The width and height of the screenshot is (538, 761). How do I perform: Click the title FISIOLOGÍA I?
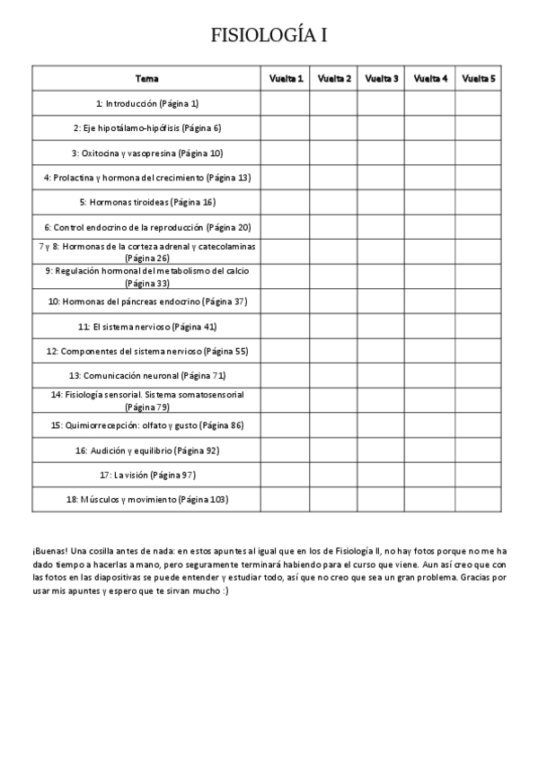point(269,35)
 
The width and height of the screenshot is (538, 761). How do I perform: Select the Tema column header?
point(146,79)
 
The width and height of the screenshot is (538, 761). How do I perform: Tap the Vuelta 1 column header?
point(287,79)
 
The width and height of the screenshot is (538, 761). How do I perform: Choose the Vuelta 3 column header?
point(382,79)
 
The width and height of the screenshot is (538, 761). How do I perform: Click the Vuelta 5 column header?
point(479,79)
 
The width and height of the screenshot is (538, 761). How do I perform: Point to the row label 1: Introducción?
point(146,103)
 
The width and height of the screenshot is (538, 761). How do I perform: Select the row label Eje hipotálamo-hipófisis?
point(146,127)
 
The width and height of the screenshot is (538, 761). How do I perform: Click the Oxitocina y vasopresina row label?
point(146,153)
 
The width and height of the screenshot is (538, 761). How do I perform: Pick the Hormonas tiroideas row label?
point(146,202)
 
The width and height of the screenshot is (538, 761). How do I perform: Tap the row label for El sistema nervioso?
point(146,326)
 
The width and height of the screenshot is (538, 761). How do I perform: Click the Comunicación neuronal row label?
point(146,375)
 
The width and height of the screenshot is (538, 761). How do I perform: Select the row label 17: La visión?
point(146,474)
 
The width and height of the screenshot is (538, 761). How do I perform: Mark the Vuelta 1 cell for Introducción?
point(287,103)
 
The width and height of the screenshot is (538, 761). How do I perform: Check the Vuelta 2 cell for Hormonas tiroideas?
point(334,202)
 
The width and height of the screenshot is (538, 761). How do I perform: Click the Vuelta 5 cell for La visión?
point(479,474)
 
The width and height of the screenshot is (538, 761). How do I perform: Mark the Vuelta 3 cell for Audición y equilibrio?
point(382,450)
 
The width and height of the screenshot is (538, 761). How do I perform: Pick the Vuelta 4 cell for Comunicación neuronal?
point(430,375)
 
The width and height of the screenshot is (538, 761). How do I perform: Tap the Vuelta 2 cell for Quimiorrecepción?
point(334,424)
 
